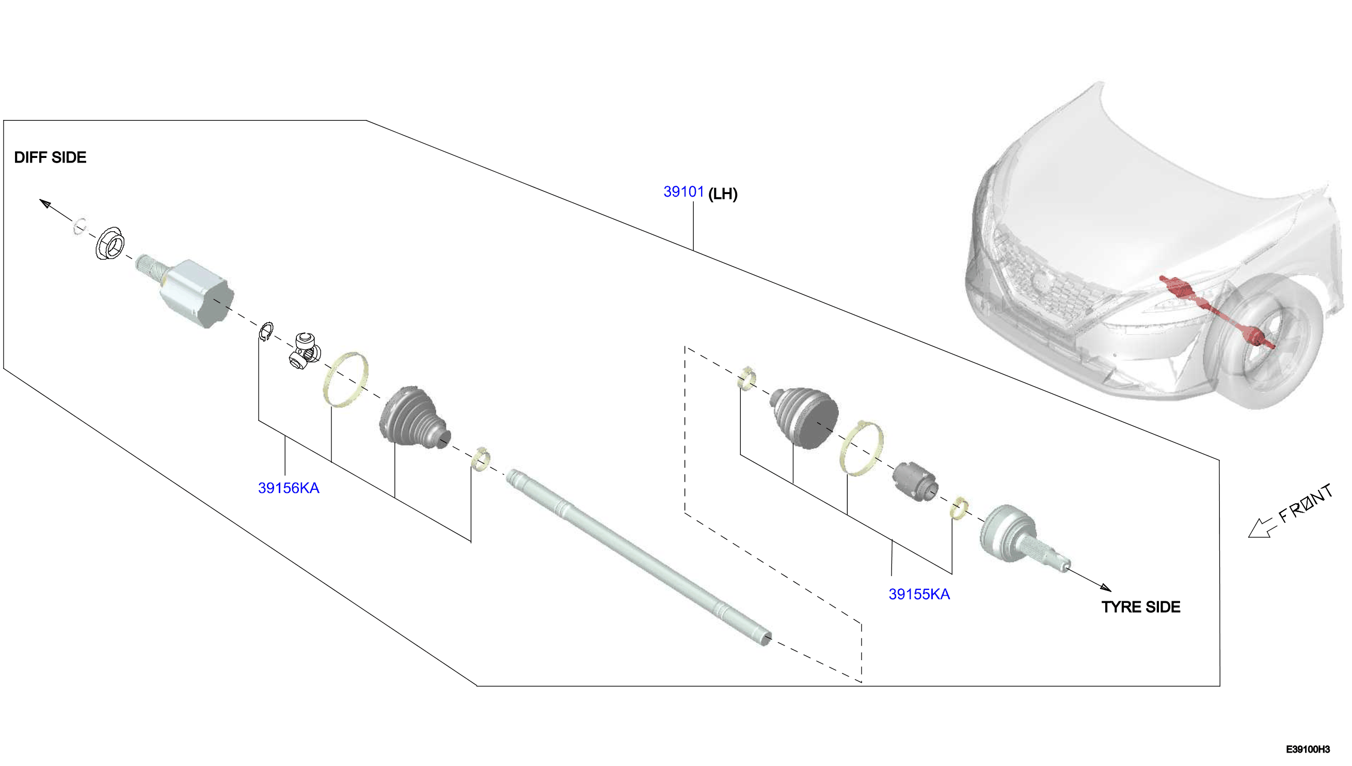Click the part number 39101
(683, 192)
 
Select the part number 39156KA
(288, 488)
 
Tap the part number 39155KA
(919, 595)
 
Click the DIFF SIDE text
(50, 157)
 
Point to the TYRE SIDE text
(1140, 607)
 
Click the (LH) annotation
(723, 194)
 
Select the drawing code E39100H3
(1308, 749)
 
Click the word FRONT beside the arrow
(1306, 503)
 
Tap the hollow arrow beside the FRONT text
(1263, 528)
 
